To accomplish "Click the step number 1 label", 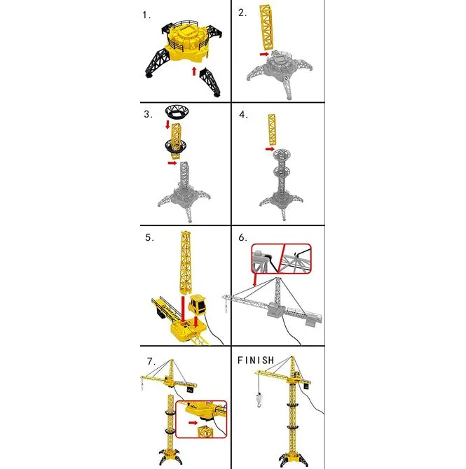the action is (146, 15).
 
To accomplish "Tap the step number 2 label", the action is (242, 13).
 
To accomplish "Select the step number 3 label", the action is (148, 114).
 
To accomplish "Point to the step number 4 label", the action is (243, 115).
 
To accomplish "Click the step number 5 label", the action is (149, 237).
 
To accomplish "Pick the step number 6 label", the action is (242, 237).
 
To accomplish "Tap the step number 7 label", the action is (151, 361).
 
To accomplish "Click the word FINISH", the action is (256, 360).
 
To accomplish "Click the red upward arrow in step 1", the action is (194, 71).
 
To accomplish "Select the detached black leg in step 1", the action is (210, 81).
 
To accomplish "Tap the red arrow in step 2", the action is (264, 54).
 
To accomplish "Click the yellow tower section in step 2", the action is (266, 27).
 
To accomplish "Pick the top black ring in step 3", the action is (177, 111).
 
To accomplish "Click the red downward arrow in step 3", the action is (167, 125).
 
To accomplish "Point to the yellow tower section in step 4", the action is (272, 129).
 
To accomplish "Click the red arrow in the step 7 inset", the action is (193, 423).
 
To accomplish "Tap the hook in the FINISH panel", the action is (259, 400).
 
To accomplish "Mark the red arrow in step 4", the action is (270, 149).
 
